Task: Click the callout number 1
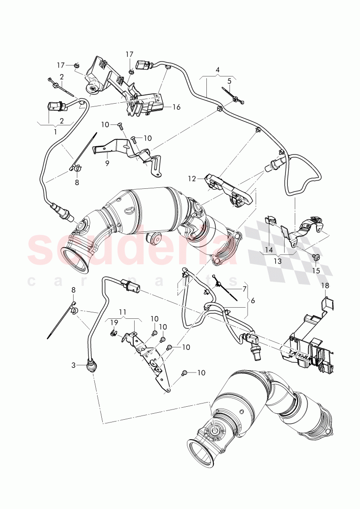pos(56,131)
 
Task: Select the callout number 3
pos(73,365)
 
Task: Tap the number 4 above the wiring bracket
pos(217,70)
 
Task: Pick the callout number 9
pos(107,163)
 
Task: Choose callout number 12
pos(192,178)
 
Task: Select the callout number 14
pos(269,250)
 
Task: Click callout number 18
pos(324,286)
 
